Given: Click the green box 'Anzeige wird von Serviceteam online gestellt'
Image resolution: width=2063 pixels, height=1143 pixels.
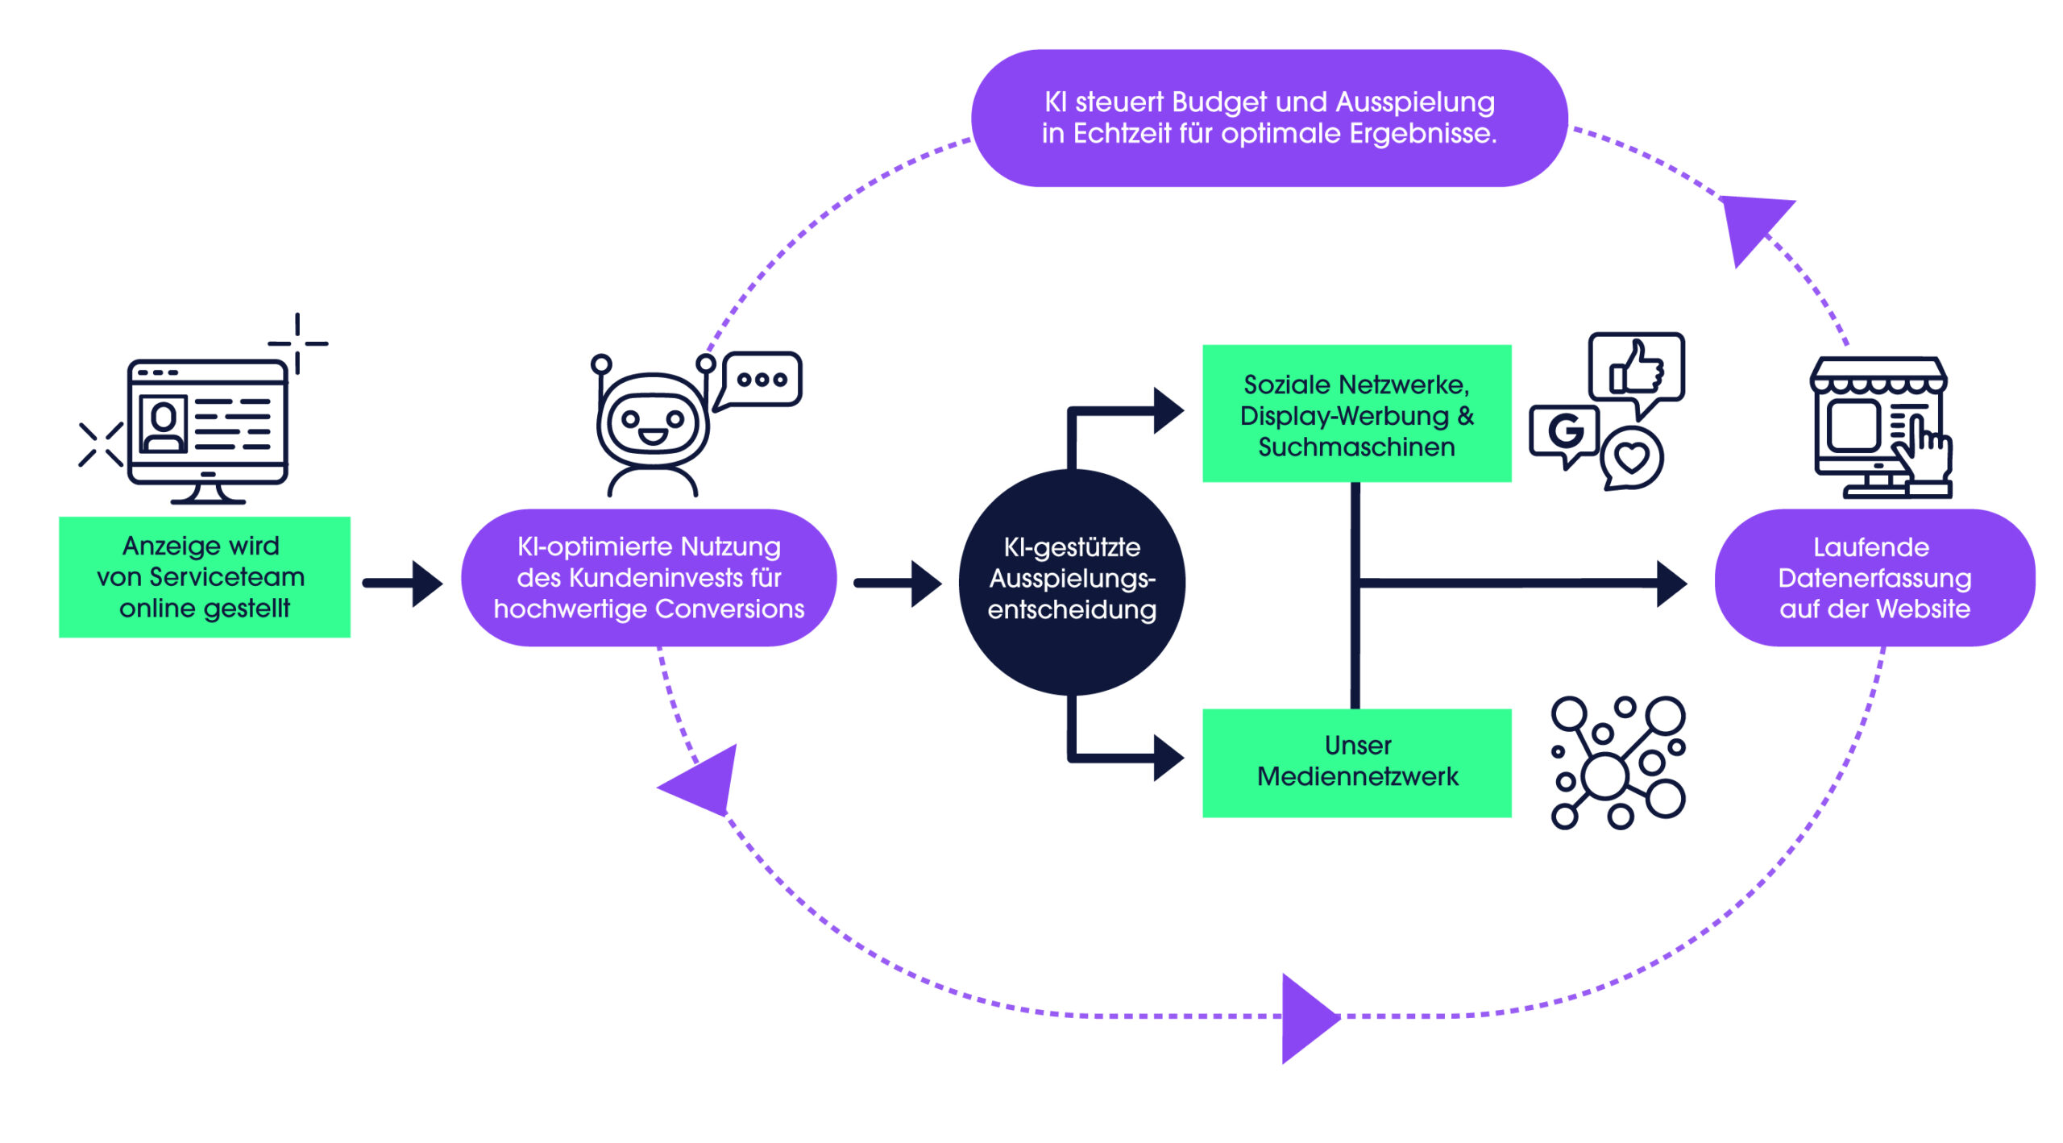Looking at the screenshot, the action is (205, 577).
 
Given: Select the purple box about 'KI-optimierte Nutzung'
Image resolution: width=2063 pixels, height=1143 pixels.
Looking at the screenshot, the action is (649, 577).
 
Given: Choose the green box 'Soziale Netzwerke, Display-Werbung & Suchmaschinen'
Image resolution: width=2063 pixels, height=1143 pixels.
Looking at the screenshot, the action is (1357, 414).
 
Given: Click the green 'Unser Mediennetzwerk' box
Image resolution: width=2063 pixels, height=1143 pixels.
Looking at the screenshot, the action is (1357, 763).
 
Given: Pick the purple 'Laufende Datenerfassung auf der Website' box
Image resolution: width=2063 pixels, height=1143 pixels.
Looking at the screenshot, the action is (1874, 577).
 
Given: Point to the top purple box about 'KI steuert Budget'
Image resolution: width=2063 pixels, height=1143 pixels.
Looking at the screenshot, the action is (1269, 118).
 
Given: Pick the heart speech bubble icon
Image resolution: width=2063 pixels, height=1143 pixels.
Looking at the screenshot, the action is (1632, 458).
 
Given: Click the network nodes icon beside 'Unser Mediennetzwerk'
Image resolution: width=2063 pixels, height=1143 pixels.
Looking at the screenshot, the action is (1618, 763).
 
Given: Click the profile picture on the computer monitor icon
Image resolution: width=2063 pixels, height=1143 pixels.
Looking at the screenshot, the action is (164, 423).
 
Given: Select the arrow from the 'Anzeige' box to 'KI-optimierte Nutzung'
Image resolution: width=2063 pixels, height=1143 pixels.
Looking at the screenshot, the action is (402, 583).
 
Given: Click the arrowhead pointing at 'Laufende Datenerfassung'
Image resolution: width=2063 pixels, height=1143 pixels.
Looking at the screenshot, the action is (1672, 583).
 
